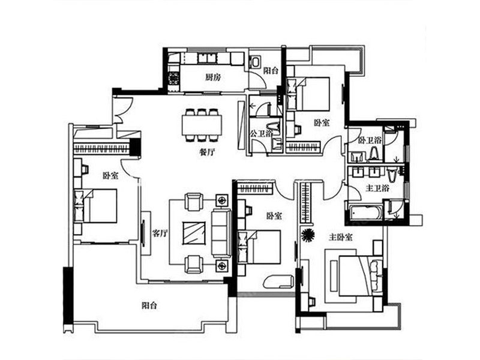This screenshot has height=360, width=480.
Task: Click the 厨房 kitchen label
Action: coord(213,77)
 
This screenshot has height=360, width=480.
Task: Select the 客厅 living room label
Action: coord(160,234)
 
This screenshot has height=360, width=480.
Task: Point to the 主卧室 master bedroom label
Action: coord(341,237)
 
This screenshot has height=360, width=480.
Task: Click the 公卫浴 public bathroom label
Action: coord(261,133)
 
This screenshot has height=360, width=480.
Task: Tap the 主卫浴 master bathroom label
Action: coord(377,188)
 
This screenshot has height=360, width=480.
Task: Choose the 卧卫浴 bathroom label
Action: coord(370,140)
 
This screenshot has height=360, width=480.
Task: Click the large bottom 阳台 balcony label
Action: coord(149,305)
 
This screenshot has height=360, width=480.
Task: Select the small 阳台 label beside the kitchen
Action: coord(271,70)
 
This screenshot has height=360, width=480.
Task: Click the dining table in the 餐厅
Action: coord(202,125)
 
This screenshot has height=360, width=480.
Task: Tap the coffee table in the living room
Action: coord(194,233)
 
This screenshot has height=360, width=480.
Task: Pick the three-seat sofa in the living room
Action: coord(221,233)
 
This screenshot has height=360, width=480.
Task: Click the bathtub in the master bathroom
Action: coord(366,212)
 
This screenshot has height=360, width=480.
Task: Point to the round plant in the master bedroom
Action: coord(308,235)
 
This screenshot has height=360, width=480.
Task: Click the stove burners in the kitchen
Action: coord(173,77)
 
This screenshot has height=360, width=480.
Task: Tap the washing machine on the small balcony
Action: coord(254,62)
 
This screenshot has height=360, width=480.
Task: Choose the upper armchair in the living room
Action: coord(194,202)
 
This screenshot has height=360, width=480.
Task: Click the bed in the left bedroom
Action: coord(95,205)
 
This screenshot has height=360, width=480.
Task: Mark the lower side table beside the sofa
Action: coord(221,265)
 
